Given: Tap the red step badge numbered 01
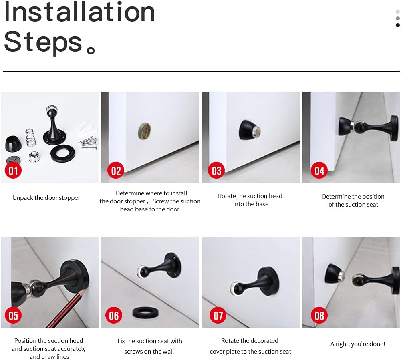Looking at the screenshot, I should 14,171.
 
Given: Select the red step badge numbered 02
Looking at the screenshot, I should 116,171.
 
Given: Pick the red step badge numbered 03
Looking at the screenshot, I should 216,171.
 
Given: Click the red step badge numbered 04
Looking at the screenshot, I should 319,171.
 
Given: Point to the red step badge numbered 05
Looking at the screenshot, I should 14,315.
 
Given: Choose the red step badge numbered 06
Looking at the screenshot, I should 114,316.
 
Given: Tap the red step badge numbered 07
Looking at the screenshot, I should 218,316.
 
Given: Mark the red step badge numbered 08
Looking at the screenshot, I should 319,316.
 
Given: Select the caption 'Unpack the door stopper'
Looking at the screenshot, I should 46,198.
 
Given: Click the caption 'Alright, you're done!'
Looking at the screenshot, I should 357,344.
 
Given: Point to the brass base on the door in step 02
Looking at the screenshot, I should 144,131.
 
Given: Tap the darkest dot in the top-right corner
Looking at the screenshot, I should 397,25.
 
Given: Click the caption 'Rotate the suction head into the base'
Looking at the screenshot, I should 250,200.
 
